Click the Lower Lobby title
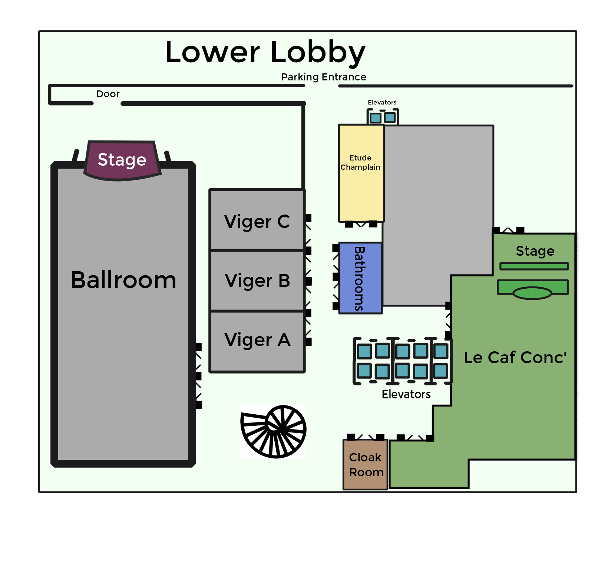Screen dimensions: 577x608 265,52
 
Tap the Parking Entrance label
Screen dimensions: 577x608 323,77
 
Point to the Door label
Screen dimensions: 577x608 108,94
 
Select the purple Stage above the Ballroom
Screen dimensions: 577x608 122,160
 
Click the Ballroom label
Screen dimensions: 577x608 123,280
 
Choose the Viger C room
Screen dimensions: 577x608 257,221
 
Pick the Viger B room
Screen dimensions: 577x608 257,281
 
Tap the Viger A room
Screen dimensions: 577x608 257,340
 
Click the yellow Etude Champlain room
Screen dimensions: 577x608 361,173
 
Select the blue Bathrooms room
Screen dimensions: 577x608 360,278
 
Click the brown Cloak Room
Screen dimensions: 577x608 365,465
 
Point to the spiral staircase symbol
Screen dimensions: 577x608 274,431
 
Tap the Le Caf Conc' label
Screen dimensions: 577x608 515,358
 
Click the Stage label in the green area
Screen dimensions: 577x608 535,251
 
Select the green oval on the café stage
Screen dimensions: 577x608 532,294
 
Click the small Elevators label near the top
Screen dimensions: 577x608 382,102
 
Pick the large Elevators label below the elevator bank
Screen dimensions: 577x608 406,394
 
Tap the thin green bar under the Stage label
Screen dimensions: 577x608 534,266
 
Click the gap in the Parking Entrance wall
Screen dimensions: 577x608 322,86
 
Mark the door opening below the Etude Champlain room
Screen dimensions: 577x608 361,224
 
